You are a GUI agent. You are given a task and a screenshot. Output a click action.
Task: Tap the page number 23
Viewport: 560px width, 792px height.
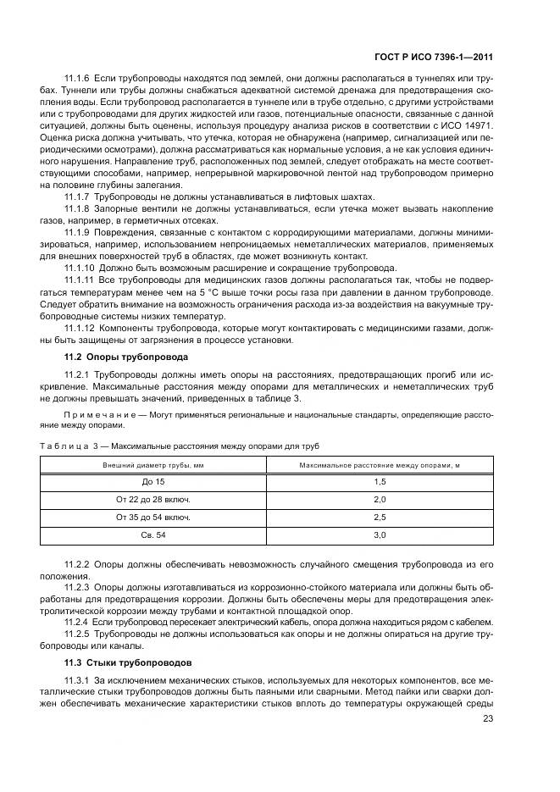pos(488,719)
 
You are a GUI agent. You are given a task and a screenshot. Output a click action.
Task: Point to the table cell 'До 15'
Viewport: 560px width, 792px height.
pos(153,481)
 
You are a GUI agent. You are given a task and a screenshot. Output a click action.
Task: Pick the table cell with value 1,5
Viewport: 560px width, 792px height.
pos(380,481)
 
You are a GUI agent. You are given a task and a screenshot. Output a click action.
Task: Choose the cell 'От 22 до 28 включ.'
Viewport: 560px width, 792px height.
pos(153,499)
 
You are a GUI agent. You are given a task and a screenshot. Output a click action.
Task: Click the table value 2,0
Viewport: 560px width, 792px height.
pos(380,499)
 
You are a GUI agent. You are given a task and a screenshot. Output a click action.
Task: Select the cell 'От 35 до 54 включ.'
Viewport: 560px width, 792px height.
pos(153,517)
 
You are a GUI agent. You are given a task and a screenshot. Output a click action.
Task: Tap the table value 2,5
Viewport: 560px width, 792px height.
pos(380,517)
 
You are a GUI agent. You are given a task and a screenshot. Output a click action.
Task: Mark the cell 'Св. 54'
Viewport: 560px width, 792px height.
pos(153,534)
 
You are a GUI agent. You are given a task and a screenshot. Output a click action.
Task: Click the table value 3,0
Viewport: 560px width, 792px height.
pos(380,534)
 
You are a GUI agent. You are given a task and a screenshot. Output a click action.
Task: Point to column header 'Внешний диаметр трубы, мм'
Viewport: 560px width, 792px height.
pos(153,464)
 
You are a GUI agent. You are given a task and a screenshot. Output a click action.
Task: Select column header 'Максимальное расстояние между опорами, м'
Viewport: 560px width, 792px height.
pos(380,464)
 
